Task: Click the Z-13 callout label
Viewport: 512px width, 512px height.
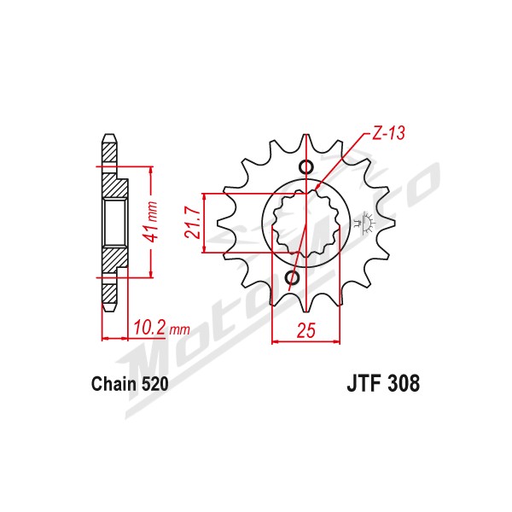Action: pyautogui.click(x=388, y=133)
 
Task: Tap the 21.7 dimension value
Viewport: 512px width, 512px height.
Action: pyautogui.click(x=192, y=223)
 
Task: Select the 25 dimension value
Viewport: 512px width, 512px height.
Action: pyautogui.click(x=306, y=330)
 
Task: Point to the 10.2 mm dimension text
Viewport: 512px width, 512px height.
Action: pyautogui.click(x=161, y=328)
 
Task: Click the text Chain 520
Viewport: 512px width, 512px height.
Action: pyautogui.click(x=130, y=384)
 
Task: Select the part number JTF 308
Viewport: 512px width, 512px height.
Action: pyautogui.click(x=383, y=383)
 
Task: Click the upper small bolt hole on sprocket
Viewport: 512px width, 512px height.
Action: pyautogui.click(x=306, y=167)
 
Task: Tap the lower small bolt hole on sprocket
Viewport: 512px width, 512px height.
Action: pyautogui.click(x=292, y=278)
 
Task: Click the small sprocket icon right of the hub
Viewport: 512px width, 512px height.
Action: pyautogui.click(x=365, y=223)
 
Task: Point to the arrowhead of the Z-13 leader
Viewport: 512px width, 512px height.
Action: pyautogui.click(x=317, y=187)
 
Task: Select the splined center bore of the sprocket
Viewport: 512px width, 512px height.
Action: pyautogui.click(x=306, y=223)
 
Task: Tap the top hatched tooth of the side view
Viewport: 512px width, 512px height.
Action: pyautogui.click(x=109, y=148)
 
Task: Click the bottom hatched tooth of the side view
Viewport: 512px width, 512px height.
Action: pyautogui.click(x=109, y=296)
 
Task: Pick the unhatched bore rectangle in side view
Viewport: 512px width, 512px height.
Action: pyautogui.click(x=115, y=223)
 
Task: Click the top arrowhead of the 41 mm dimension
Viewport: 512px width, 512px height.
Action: pyautogui.click(x=150, y=171)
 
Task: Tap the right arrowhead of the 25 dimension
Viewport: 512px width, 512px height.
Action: pyautogui.click(x=336, y=342)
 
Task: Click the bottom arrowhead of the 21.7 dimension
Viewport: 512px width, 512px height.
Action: pyautogui.click(x=205, y=249)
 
